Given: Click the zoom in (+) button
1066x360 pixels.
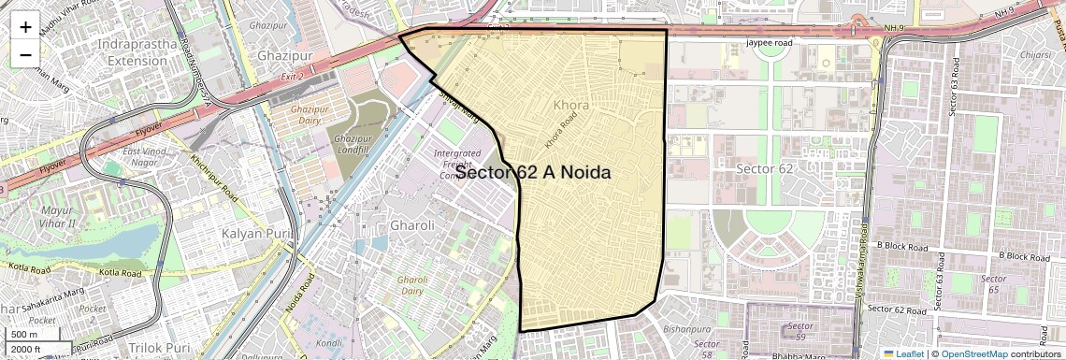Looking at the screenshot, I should (25, 27).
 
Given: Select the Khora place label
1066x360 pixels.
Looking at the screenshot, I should (571, 105).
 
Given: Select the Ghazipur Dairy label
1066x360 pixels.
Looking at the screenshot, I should (296, 115).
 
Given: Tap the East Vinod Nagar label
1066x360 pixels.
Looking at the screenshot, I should (145, 157).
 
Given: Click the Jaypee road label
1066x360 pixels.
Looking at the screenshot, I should (770, 43).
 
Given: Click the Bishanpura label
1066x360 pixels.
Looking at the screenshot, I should (687, 329).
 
